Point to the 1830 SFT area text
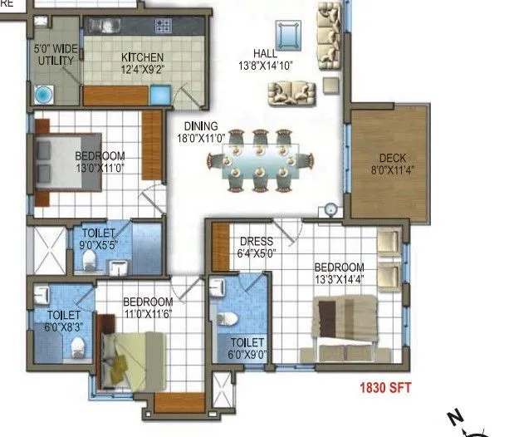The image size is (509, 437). point(385,387)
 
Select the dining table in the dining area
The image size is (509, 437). point(261,159)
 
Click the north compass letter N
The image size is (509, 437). point(453,416)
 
